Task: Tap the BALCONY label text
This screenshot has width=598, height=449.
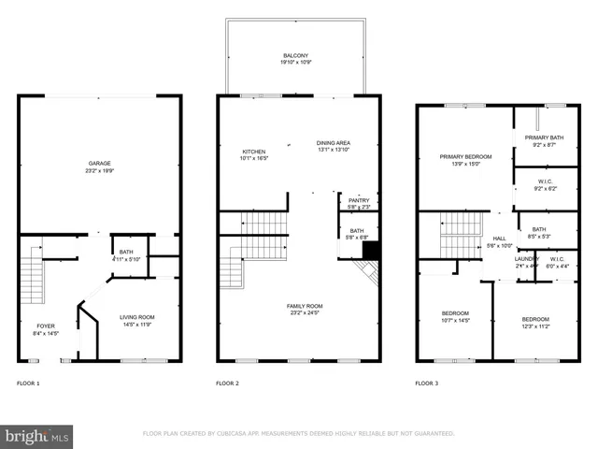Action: (295, 55)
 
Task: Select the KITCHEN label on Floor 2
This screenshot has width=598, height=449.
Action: (254, 152)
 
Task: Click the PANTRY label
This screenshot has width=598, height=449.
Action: (359, 200)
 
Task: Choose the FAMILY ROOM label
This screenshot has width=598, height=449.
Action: (305, 306)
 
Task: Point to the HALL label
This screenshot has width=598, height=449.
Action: (500, 239)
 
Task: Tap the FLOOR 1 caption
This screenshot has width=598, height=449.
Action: (28, 384)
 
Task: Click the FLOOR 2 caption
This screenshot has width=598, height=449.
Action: (227, 384)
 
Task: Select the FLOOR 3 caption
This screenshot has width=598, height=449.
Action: (426, 384)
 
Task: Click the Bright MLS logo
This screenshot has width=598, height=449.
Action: (37, 436)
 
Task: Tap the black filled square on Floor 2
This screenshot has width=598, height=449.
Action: (371, 251)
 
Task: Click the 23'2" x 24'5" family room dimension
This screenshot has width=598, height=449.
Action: (305, 313)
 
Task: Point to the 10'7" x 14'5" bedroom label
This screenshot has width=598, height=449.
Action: (456, 320)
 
